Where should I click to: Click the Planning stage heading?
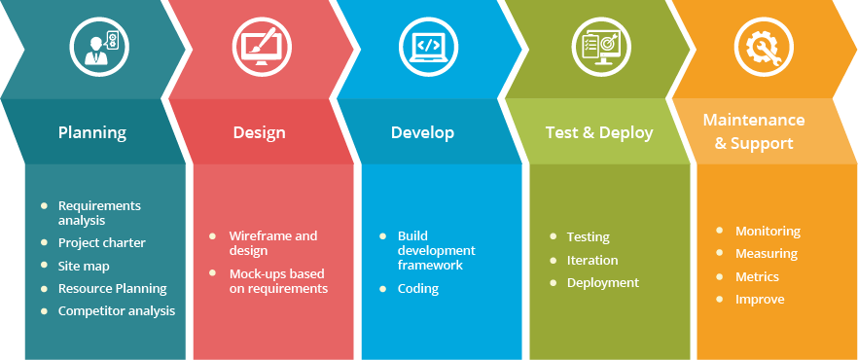pyautogui.click(x=92, y=132)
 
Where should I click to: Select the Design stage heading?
pyautogui.click(x=259, y=132)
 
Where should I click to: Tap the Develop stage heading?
pyautogui.click(x=422, y=132)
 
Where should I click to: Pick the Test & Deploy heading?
pyautogui.click(x=598, y=132)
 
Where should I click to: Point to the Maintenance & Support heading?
pyautogui.click(x=754, y=131)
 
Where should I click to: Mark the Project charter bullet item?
pyautogui.click(x=101, y=242)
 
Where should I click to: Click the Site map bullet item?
pyautogui.click(x=84, y=266)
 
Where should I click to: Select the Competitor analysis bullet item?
pyautogui.click(x=116, y=311)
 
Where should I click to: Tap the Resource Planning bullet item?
pyautogui.click(x=112, y=288)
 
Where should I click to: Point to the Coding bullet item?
pyautogui.click(x=417, y=288)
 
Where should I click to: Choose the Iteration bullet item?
pyautogui.click(x=591, y=260)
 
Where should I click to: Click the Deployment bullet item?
pyautogui.click(x=602, y=282)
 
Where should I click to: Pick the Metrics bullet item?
pyautogui.click(x=757, y=276)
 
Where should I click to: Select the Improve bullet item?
pyautogui.click(x=760, y=300)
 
